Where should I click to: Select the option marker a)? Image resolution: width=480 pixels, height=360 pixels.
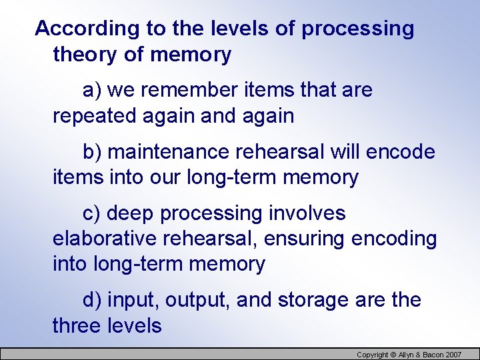[91, 89]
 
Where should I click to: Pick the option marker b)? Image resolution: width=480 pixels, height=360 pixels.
[92, 151]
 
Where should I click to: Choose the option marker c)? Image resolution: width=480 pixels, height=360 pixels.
[91, 213]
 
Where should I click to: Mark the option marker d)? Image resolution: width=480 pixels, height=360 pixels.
[92, 300]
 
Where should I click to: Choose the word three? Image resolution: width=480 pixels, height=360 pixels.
[77, 326]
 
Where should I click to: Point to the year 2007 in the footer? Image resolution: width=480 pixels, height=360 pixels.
[453, 355]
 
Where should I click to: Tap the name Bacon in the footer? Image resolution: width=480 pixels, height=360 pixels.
[430, 355]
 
